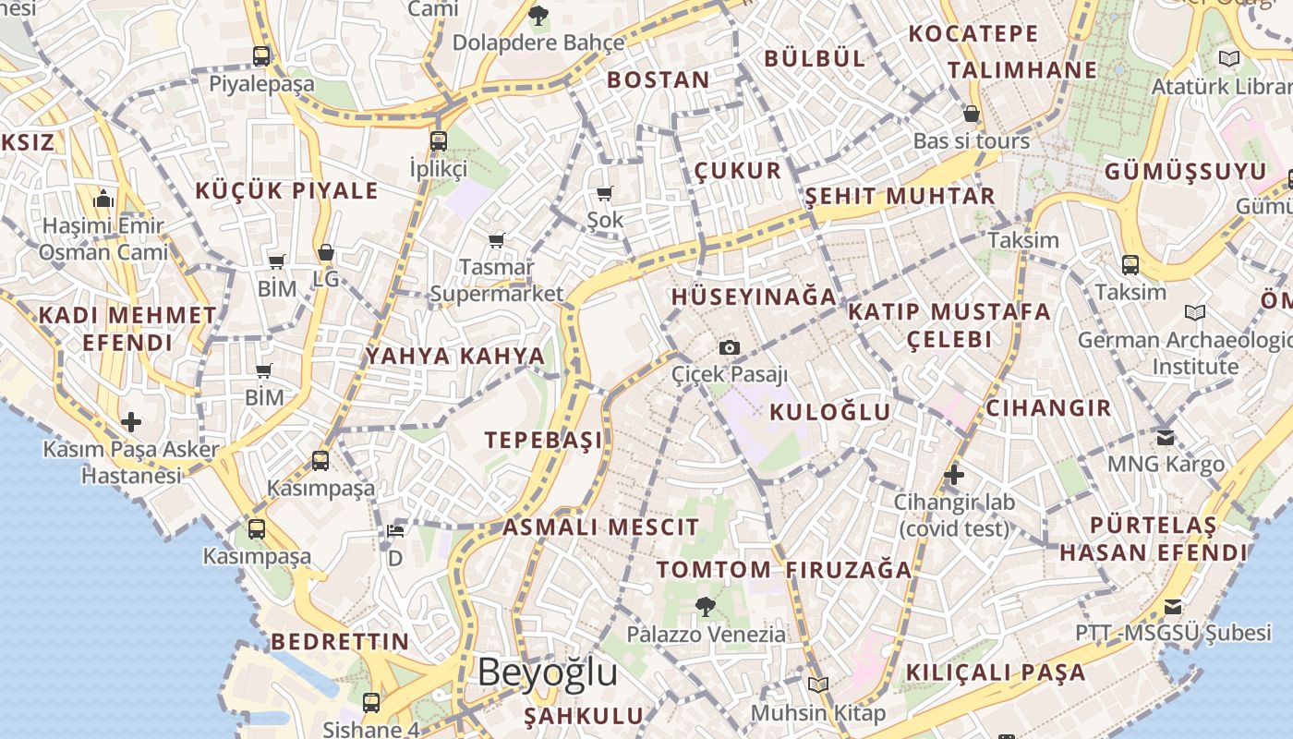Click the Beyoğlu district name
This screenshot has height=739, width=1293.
point(547,672)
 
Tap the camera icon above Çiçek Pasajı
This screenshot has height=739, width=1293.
point(730,347)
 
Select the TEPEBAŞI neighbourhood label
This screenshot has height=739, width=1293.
point(543,440)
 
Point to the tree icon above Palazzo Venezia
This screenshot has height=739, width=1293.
point(706,607)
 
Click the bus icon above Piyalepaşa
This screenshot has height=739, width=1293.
point(261,56)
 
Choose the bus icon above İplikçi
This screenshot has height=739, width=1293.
point(439,141)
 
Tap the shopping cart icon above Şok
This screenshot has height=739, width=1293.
point(605,193)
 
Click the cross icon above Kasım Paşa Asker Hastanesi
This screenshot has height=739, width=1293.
point(131,422)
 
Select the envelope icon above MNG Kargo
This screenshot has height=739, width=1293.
point(1166,436)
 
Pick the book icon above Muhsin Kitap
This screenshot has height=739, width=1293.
point(817,684)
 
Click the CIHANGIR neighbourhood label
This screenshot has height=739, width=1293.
point(1048,408)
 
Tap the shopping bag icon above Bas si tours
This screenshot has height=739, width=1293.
point(971,114)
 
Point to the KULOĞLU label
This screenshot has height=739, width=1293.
point(829,412)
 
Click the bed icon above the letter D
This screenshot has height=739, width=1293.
point(395,530)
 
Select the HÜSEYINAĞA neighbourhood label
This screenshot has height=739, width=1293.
point(754,297)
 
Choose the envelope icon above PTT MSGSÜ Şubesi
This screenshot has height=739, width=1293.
point(1172,606)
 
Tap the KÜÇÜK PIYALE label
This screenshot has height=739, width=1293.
point(286,191)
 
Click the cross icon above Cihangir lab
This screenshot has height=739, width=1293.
point(954,475)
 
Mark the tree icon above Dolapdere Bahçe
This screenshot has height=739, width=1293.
point(538,15)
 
